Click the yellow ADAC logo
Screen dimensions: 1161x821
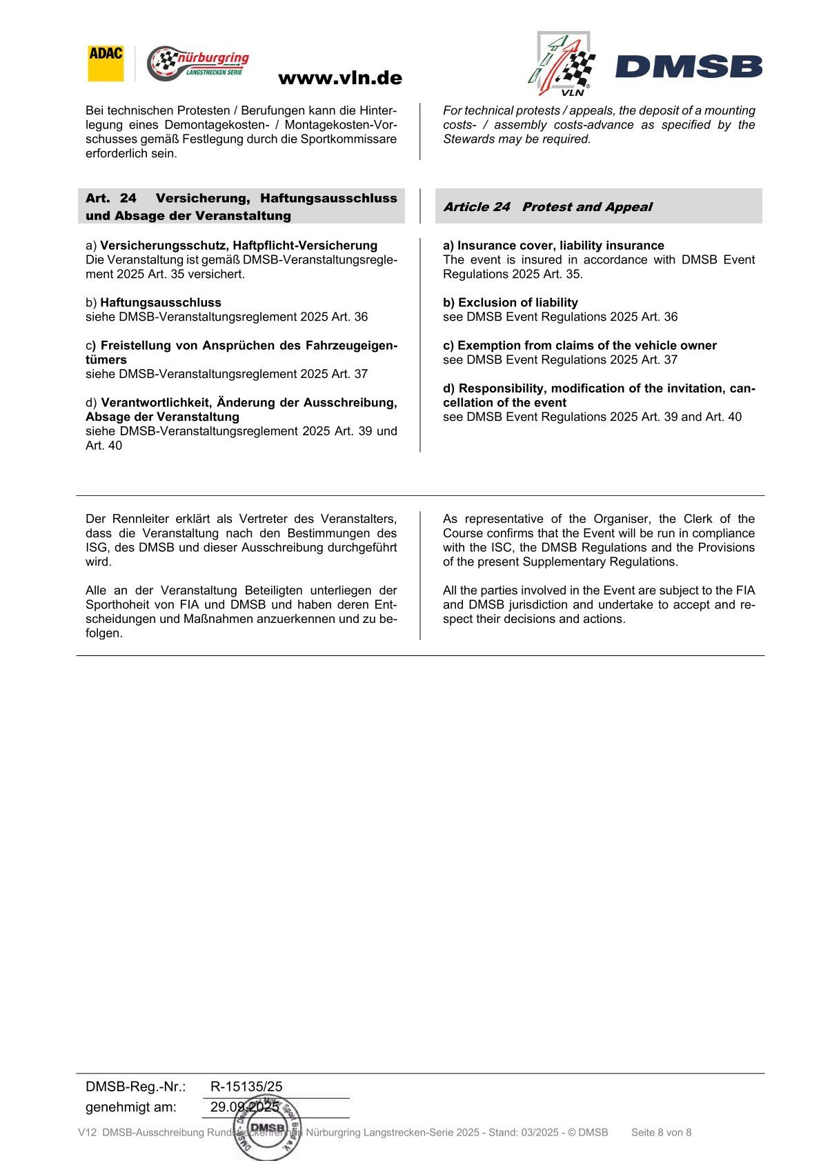coord(106,63)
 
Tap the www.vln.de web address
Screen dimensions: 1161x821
coord(339,78)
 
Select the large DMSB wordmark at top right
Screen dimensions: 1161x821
coord(689,67)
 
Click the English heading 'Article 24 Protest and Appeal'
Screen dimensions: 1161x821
coord(547,207)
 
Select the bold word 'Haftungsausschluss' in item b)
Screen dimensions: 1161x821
coord(161,303)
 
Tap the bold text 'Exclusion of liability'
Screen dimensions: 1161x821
coord(517,303)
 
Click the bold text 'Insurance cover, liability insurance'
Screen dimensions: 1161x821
coord(560,246)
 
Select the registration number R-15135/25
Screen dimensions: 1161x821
coord(246,1086)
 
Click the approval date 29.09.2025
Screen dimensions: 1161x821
coord(245,1107)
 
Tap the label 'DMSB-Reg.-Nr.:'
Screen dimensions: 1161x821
coord(136,1086)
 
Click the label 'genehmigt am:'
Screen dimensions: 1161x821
coord(131,1107)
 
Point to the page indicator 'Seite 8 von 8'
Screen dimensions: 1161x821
coord(661,1132)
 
